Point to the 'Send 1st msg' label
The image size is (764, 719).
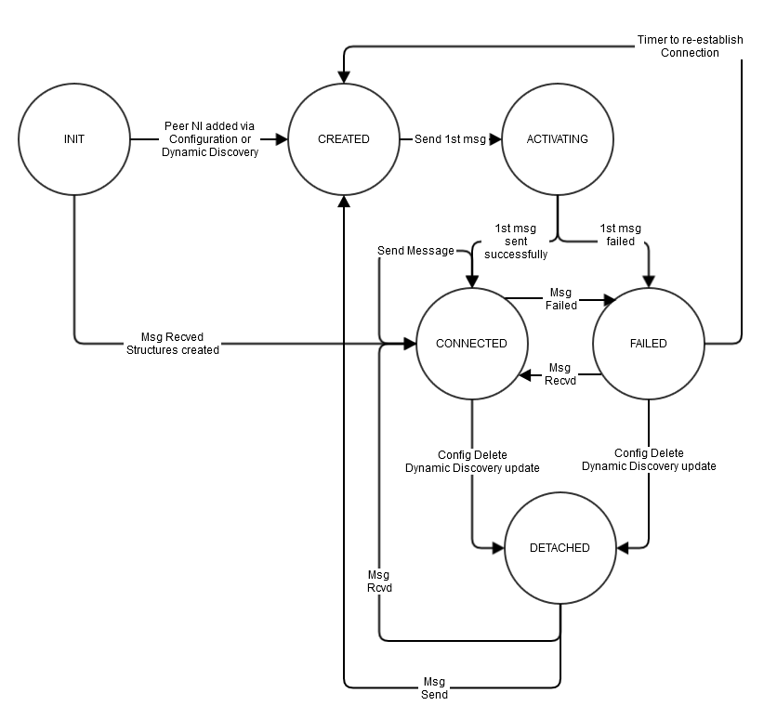450,139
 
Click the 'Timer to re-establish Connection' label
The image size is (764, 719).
690,46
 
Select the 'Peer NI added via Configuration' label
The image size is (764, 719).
209,133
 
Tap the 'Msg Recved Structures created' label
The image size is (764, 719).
173,344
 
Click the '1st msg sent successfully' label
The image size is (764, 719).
516,242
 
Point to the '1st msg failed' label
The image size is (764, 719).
620,235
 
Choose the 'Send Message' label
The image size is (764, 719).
415,251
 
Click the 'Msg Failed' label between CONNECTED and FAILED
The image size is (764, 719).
560,299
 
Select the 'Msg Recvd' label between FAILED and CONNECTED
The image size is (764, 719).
560,374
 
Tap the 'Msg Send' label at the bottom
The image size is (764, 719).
434,688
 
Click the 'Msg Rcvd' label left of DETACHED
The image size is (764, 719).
379,582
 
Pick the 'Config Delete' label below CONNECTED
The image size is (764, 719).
472,455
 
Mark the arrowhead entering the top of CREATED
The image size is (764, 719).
344,77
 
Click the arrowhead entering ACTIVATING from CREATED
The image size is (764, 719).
495,139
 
